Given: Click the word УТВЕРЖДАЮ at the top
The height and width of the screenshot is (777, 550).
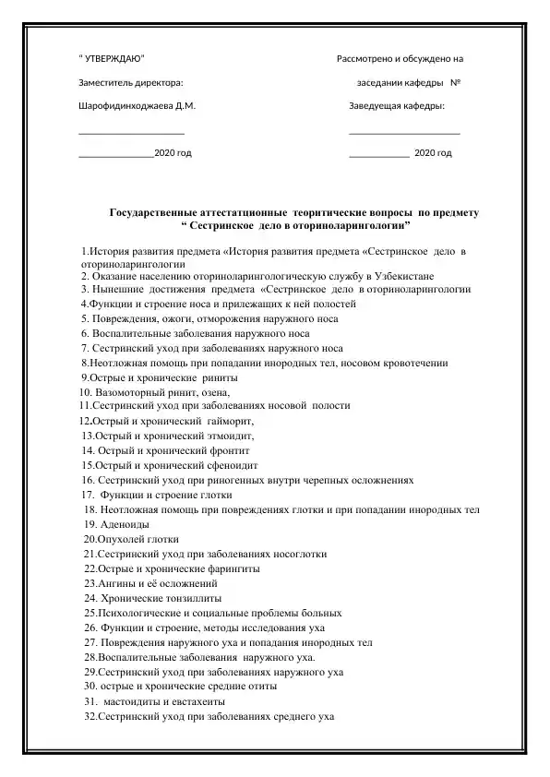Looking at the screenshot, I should pyautogui.click(x=114, y=59).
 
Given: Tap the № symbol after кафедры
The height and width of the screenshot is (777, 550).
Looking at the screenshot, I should pyautogui.click(x=457, y=83).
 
